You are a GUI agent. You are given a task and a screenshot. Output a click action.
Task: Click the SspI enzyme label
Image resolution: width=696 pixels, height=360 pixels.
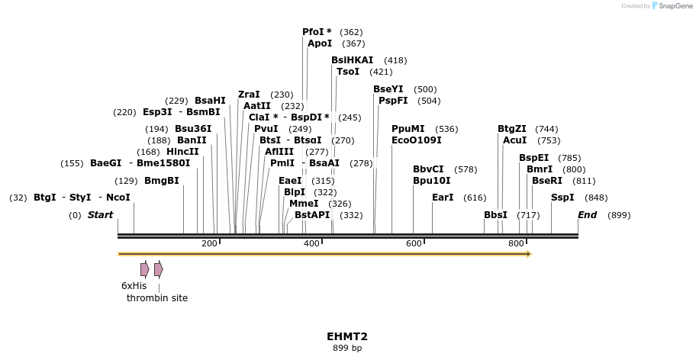click(x=562, y=198)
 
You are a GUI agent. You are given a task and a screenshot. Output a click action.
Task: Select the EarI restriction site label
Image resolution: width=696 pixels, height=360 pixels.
click(x=443, y=198)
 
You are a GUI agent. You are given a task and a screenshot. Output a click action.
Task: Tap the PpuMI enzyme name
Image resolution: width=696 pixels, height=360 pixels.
click(x=408, y=129)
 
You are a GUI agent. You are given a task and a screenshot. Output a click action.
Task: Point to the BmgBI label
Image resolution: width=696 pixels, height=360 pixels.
click(x=162, y=181)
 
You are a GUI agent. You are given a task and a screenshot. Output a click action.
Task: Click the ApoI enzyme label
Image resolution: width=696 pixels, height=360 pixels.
click(x=320, y=43)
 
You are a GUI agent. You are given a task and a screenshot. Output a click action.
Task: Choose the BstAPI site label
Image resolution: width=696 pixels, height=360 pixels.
click(x=312, y=215)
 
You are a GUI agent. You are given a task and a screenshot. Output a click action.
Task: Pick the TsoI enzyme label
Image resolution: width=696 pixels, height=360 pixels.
click(x=348, y=72)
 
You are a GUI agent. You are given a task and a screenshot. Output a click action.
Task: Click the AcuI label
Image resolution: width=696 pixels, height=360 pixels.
click(x=514, y=140)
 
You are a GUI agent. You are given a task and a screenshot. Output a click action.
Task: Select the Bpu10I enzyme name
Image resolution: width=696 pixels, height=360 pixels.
click(x=431, y=181)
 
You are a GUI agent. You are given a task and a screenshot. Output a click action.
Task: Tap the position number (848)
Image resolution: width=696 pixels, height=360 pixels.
click(x=596, y=198)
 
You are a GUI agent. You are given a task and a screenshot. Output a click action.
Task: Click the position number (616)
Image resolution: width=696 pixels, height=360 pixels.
click(x=475, y=198)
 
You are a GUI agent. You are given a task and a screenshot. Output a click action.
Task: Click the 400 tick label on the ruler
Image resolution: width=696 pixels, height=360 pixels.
click(x=311, y=243)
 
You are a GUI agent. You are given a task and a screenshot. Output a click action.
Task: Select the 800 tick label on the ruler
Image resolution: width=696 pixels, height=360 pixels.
click(x=516, y=243)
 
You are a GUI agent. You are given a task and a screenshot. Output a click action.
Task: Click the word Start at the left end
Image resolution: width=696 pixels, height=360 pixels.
click(x=100, y=215)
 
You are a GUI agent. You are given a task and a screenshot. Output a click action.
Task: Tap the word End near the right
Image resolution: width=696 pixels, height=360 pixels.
click(x=587, y=215)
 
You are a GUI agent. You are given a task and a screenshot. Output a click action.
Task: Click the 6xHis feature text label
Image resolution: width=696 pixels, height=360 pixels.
click(x=134, y=285)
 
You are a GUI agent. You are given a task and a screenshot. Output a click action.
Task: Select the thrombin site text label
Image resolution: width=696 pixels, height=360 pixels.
click(x=157, y=298)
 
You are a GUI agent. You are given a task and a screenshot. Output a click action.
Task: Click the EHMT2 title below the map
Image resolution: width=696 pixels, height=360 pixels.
click(x=347, y=336)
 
